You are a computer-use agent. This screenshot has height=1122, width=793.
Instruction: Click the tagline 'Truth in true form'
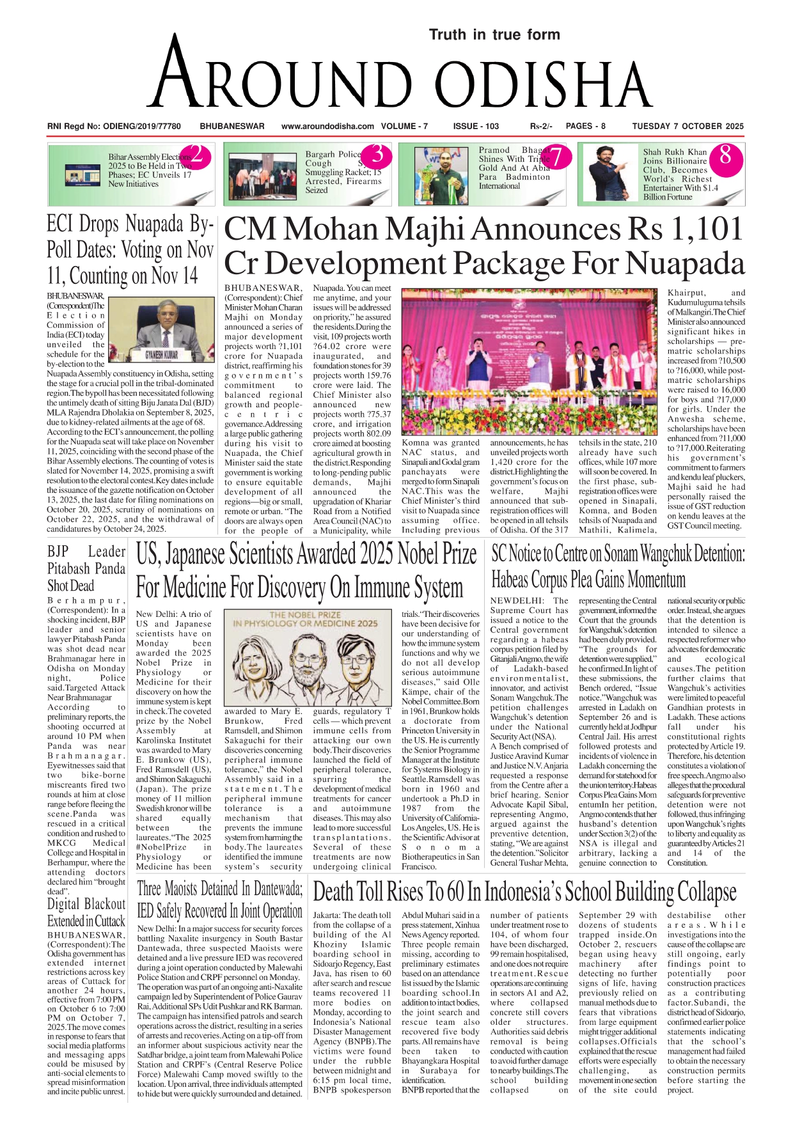tap(494, 35)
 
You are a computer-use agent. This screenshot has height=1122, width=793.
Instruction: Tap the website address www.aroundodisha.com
tap(327, 127)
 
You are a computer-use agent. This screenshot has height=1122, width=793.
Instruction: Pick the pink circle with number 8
tap(725, 155)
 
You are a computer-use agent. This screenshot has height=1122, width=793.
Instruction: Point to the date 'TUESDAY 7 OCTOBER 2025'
tap(687, 127)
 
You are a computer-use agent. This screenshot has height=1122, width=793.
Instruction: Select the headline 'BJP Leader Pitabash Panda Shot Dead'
tap(86, 568)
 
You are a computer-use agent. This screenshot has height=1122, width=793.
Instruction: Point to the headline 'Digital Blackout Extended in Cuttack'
tap(86, 912)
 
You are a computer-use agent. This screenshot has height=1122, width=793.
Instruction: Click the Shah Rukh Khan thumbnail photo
tap(608, 174)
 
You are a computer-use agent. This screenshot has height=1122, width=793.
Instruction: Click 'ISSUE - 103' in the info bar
tap(476, 127)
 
